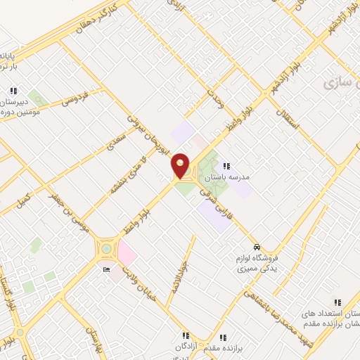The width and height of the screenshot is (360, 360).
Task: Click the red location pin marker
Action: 181,166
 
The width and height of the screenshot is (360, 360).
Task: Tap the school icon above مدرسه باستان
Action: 226,166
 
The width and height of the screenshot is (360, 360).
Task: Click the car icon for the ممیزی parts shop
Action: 258,247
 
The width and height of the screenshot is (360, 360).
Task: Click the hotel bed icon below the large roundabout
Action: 107,269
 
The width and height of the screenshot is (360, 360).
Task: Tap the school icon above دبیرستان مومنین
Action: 13,91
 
